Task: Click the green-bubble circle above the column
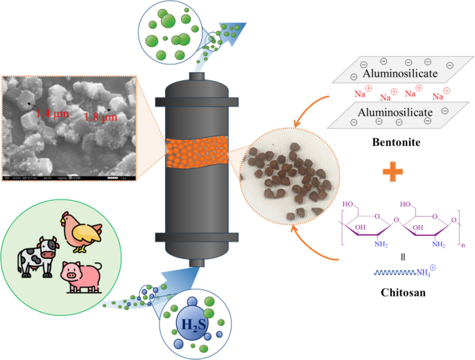(x=169, y=30)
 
